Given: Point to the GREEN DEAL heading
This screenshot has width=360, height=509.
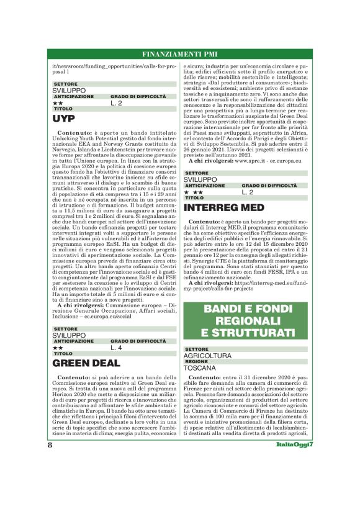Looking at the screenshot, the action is click(x=86, y=363).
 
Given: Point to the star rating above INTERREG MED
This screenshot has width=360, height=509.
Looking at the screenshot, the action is click(x=194, y=192).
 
